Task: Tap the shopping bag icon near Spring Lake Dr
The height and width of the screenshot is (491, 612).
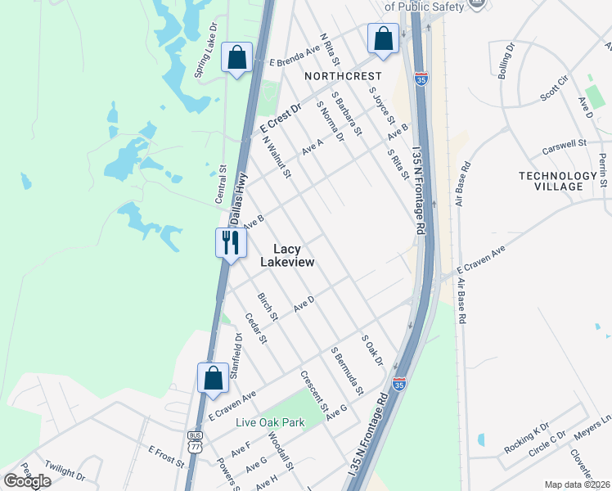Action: pyautogui.click(x=237, y=58)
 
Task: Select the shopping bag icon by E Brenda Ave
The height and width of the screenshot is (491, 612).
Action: pyautogui.click(x=382, y=38)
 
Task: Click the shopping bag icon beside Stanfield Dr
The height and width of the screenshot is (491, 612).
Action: pyautogui.click(x=212, y=378)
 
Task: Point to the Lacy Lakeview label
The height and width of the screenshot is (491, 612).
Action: pyautogui.click(x=287, y=255)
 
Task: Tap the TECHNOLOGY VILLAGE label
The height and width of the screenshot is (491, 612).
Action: pyautogui.click(x=558, y=181)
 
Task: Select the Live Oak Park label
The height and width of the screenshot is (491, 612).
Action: pyautogui.click(x=269, y=422)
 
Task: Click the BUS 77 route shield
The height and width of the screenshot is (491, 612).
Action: pyautogui.click(x=194, y=443)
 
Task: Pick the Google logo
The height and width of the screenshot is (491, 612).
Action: pyautogui.click(x=27, y=480)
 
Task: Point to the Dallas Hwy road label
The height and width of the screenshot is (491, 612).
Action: pyautogui.click(x=237, y=204)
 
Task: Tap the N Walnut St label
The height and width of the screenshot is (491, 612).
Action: pyautogui.click(x=277, y=156)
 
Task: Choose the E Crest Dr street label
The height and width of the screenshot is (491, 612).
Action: pyautogui.click(x=281, y=119)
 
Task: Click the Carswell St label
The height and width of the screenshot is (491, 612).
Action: pyautogui.click(x=565, y=146)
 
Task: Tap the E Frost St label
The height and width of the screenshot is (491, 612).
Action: pyautogui.click(x=167, y=456)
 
